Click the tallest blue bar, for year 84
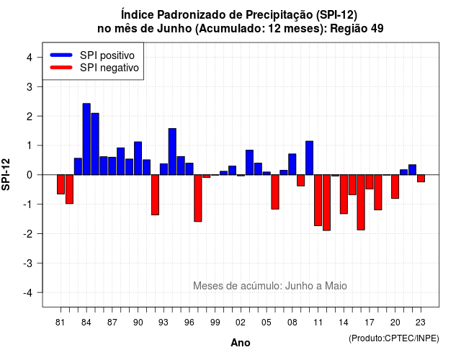[x=86, y=139]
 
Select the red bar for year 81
[x=61, y=184]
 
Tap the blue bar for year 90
[x=138, y=158]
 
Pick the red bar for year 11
[x=318, y=200]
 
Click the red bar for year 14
[x=344, y=194]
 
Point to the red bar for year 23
[x=421, y=179]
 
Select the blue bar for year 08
[x=292, y=164]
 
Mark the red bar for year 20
[x=395, y=186]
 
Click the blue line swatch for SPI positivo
[x=61, y=55]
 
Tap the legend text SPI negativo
[x=109, y=68]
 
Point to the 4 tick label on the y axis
[x=30, y=58]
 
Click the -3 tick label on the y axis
[x=27, y=263]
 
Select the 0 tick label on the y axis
[x=30, y=175]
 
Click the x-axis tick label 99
[x=215, y=323]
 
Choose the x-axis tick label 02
[x=241, y=323]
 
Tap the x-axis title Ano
[x=241, y=343]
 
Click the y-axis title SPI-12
[x=6, y=174]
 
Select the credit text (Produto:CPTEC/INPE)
[x=394, y=338]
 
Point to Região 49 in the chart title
[x=357, y=29]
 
